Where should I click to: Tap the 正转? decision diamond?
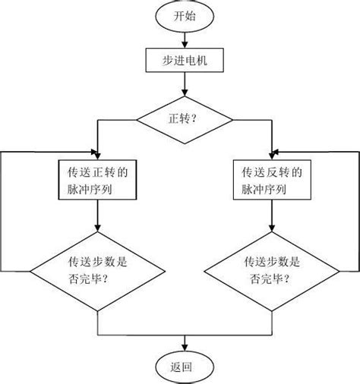point(183,118)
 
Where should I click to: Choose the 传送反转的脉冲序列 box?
point(271,181)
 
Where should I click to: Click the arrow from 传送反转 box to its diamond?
point(271,220)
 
